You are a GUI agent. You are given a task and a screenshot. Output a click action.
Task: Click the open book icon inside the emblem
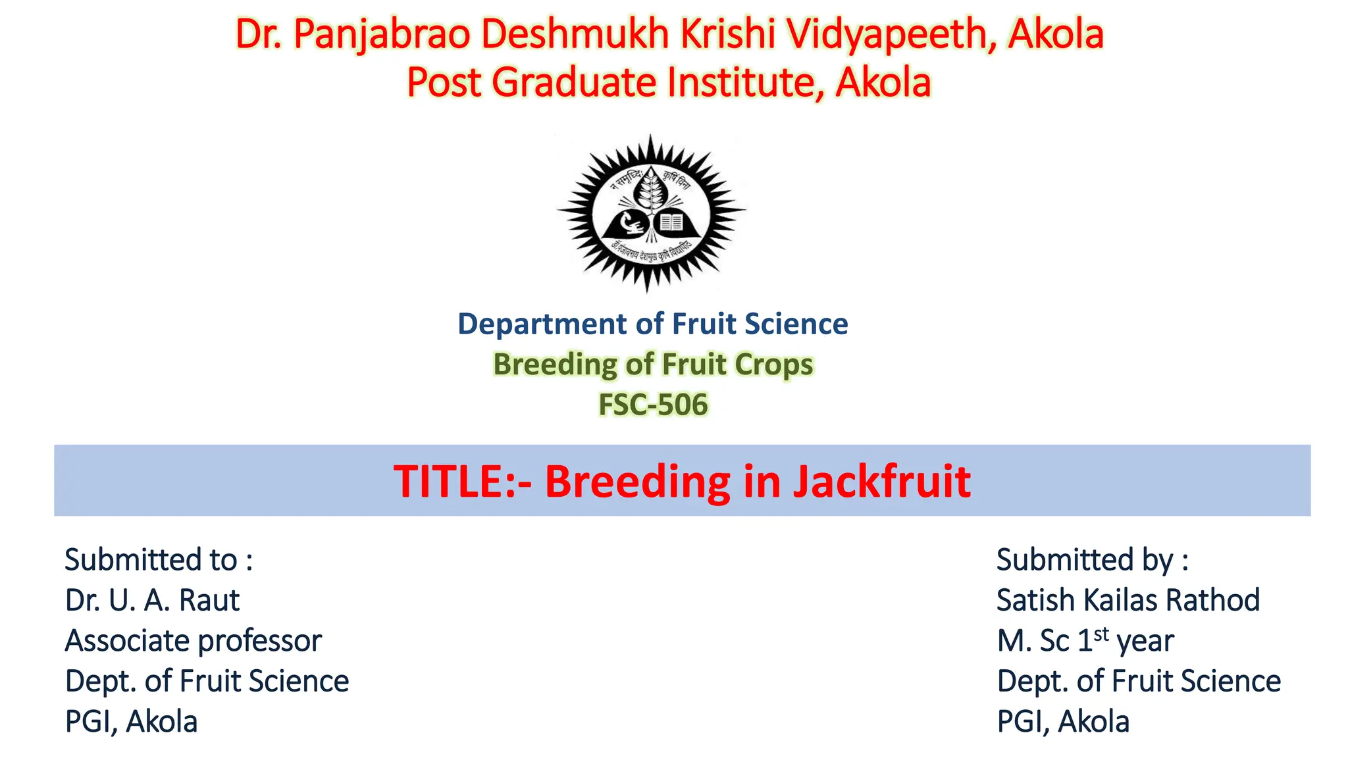pyautogui.click(x=671, y=222)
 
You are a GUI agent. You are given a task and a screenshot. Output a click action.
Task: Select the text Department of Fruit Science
pyautogui.click(x=652, y=324)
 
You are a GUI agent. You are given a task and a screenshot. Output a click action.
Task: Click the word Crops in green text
pyautogui.click(x=773, y=365)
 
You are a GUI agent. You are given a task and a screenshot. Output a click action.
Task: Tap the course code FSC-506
pyautogui.click(x=652, y=404)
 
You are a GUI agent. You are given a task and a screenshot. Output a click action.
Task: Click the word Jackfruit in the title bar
pyautogui.click(x=881, y=481)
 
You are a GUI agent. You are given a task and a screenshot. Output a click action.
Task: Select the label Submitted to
pyautogui.click(x=159, y=560)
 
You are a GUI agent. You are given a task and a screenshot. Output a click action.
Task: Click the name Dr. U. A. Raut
pyautogui.click(x=152, y=600)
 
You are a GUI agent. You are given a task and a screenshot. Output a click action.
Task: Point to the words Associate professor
pyautogui.click(x=193, y=641)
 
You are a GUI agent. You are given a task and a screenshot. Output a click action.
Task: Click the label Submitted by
pyautogui.click(x=1092, y=560)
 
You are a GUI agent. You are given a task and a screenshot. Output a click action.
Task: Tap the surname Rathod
pyautogui.click(x=1212, y=600)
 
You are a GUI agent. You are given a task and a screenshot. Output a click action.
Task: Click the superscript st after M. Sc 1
pyautogui.click(x=1101, y=634)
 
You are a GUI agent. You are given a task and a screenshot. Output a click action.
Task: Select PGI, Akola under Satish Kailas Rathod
pyautogui.click(x=1062, y=722)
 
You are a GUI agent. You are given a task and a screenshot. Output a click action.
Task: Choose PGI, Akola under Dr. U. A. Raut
pyautogui.click(x=131, y=722)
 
